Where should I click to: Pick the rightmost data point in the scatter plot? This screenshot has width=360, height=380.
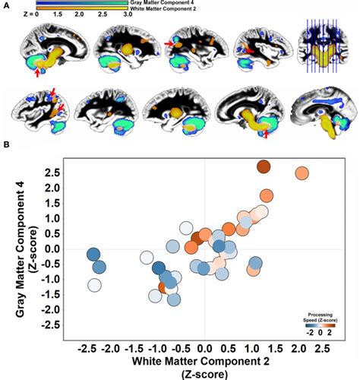tap(302, 173)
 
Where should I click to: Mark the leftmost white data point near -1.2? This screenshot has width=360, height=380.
tap(95, 286)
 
